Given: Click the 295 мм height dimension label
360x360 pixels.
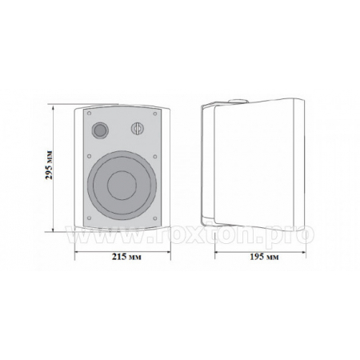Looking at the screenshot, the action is (50, 165).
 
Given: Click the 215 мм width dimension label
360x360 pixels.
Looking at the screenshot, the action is (126, 257).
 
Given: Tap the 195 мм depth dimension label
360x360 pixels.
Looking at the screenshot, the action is (264, 257).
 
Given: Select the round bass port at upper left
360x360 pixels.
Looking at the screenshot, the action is (100, 130).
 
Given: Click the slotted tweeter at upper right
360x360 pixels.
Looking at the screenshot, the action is (138, 129).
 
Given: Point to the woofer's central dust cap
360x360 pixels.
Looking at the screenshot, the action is (122, 186).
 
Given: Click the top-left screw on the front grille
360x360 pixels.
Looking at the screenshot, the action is (90, 114).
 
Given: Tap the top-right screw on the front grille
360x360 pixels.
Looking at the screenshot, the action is (155, 114).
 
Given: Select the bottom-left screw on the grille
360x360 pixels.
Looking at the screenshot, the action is (90, 218).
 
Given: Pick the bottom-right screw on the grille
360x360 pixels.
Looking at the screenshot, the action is (155, 218).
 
